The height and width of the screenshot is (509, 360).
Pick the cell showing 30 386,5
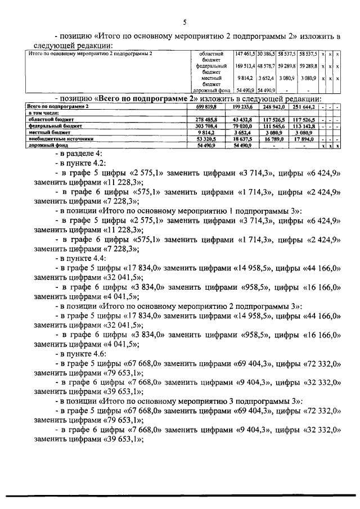pyautogui.click(x=267, y=53)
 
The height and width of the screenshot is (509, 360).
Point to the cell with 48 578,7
pyautogui.click(x=267, y=66)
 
